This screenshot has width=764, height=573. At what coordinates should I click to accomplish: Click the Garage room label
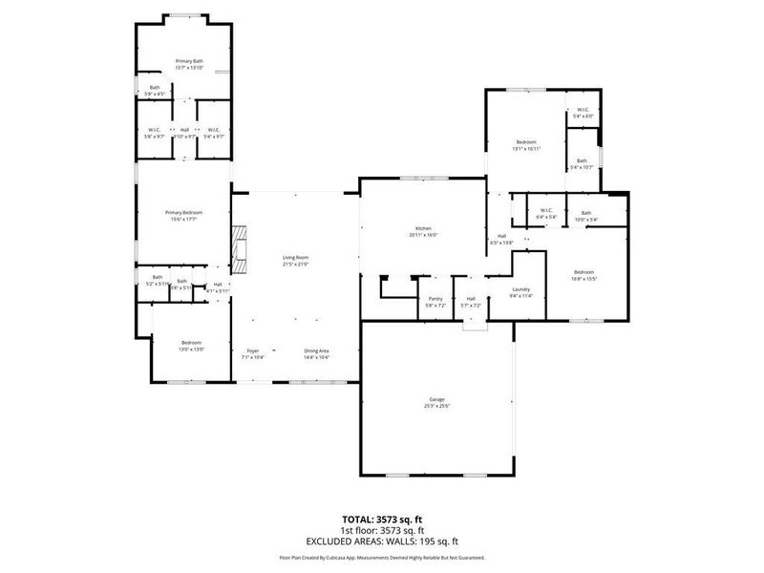(x=436, y=399)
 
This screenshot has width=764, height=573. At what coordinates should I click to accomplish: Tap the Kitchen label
(x=423, y=228)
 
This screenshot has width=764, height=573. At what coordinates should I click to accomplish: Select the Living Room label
(x=295, y=257)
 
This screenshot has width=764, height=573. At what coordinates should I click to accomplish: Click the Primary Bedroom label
(x=183, y=212)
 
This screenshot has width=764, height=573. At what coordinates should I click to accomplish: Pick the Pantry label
(x=435, y=299)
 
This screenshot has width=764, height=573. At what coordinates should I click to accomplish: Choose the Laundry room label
(x=521, y=289)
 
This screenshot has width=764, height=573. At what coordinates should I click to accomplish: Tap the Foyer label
(x=253, y=350)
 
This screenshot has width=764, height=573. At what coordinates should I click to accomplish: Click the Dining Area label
(x=317, y=350)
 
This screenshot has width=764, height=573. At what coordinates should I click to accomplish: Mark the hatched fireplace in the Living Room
(x=240, y=250)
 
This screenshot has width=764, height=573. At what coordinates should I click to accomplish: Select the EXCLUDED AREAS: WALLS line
(x=382, y=541)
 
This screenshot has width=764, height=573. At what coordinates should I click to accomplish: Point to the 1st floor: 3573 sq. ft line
(x=382, y=530)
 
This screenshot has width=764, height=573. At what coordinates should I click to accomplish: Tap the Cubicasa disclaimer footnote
(x=382, y=557)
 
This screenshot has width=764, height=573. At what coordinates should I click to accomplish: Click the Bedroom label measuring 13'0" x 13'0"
(x=192, y=342)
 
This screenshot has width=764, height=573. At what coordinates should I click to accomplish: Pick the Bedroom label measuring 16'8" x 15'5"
(x=584, y=271)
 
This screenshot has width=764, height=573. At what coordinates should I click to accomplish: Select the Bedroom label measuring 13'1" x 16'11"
(x=526, y=142)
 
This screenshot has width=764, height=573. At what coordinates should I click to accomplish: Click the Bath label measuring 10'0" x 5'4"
(x=585, y=213)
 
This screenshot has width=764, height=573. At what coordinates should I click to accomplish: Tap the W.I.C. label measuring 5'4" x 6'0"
(x=583, y=110)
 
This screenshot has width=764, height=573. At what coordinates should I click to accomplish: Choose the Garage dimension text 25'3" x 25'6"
(x=436, y=405)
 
